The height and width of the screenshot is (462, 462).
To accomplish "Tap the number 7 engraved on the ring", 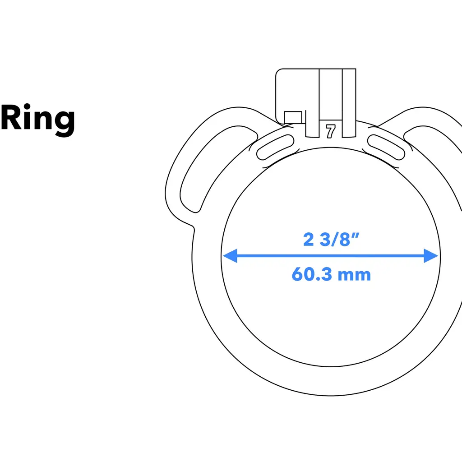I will pos(331,131).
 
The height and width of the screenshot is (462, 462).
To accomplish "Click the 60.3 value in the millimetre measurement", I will pos(311,274).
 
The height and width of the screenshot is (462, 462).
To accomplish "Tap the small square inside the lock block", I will pos(293,117).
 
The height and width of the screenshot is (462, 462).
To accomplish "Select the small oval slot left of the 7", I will pos(274,147).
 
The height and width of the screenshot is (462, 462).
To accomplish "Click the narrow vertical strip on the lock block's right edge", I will pos(349,103).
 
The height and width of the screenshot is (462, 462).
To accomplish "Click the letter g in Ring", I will pos(63,122).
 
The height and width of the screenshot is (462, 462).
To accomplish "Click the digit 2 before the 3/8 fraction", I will pos(308,239).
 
